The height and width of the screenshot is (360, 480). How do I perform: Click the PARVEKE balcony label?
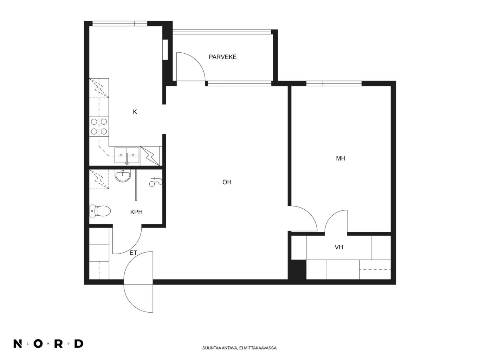(x=222, y=57)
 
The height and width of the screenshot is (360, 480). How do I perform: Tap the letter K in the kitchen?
(x=135, y=112)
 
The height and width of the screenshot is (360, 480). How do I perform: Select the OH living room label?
(x=227, y=182)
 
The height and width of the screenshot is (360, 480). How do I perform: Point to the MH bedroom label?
(x=340, y=158)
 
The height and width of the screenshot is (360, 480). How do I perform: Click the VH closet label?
(x=339, y=247)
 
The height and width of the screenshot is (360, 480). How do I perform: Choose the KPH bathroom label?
(x=136, y=212)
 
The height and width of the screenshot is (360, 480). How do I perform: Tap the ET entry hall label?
(x=133, y=253)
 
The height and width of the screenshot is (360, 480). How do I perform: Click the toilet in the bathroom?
(x=100, y=211)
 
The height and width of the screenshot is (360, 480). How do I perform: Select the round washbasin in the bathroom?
(x=123, y=176)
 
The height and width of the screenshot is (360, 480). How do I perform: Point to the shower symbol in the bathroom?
(x=155, y=182)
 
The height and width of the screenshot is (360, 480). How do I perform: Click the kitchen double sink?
(x=127, y=156)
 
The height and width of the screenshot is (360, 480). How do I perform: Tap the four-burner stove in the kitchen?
(x=99, y=126)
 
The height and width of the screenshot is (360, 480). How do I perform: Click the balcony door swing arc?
(x=199, y=61)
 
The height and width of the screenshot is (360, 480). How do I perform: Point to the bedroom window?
(x=334, y=83)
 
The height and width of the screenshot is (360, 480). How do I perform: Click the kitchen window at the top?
(x=119, y=24)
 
